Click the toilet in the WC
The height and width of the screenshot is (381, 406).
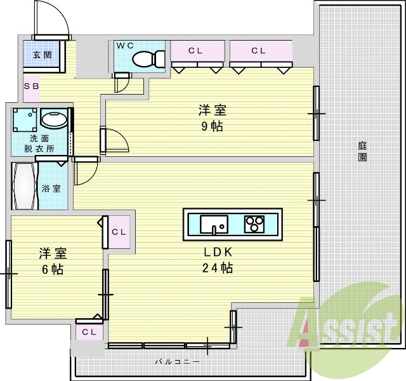[148, 59]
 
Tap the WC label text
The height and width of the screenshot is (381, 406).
[125, 46]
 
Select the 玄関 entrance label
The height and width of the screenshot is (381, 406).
[43, 55]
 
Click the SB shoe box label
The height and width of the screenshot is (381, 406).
[31, 86]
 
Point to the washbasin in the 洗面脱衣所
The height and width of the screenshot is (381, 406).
[54, 119]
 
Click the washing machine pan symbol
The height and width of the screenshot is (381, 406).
[25, 120]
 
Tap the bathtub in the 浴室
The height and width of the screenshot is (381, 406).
[25, 186]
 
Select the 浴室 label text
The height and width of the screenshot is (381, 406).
[51, 189]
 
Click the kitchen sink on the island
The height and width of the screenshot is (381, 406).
[214, 224]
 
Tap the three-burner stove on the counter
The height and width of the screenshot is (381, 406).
[254, 224]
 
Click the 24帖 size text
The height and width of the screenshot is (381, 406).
[218, 268]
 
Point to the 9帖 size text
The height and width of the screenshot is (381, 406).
[212, 126]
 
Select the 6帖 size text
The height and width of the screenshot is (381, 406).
[53, 269]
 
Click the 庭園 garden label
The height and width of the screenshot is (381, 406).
[362, 151]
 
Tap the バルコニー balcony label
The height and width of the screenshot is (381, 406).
[178, 362]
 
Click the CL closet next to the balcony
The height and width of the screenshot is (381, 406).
[89, 331]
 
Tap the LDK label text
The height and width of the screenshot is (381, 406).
[218, 252]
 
